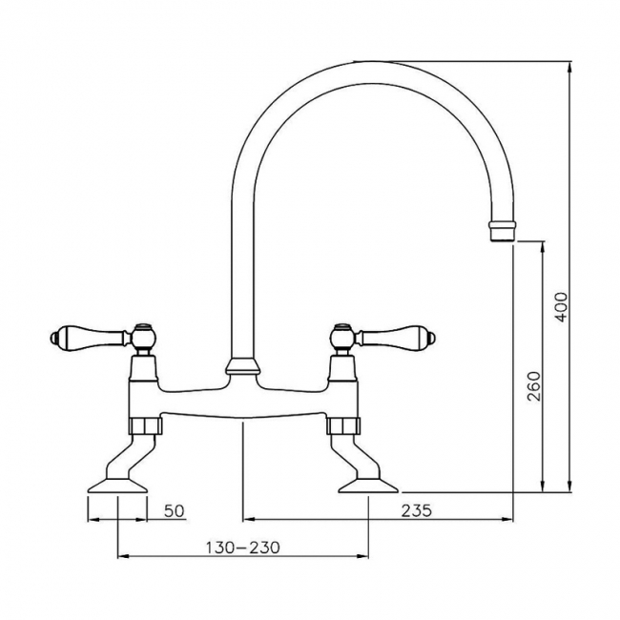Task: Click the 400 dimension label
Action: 562,307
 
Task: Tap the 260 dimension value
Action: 534,386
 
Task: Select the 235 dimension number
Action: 417,510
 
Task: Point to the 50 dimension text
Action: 174,510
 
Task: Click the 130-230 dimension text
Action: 242,548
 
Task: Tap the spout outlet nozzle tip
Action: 502,231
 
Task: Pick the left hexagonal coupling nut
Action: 146,425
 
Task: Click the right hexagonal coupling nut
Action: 343,425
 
